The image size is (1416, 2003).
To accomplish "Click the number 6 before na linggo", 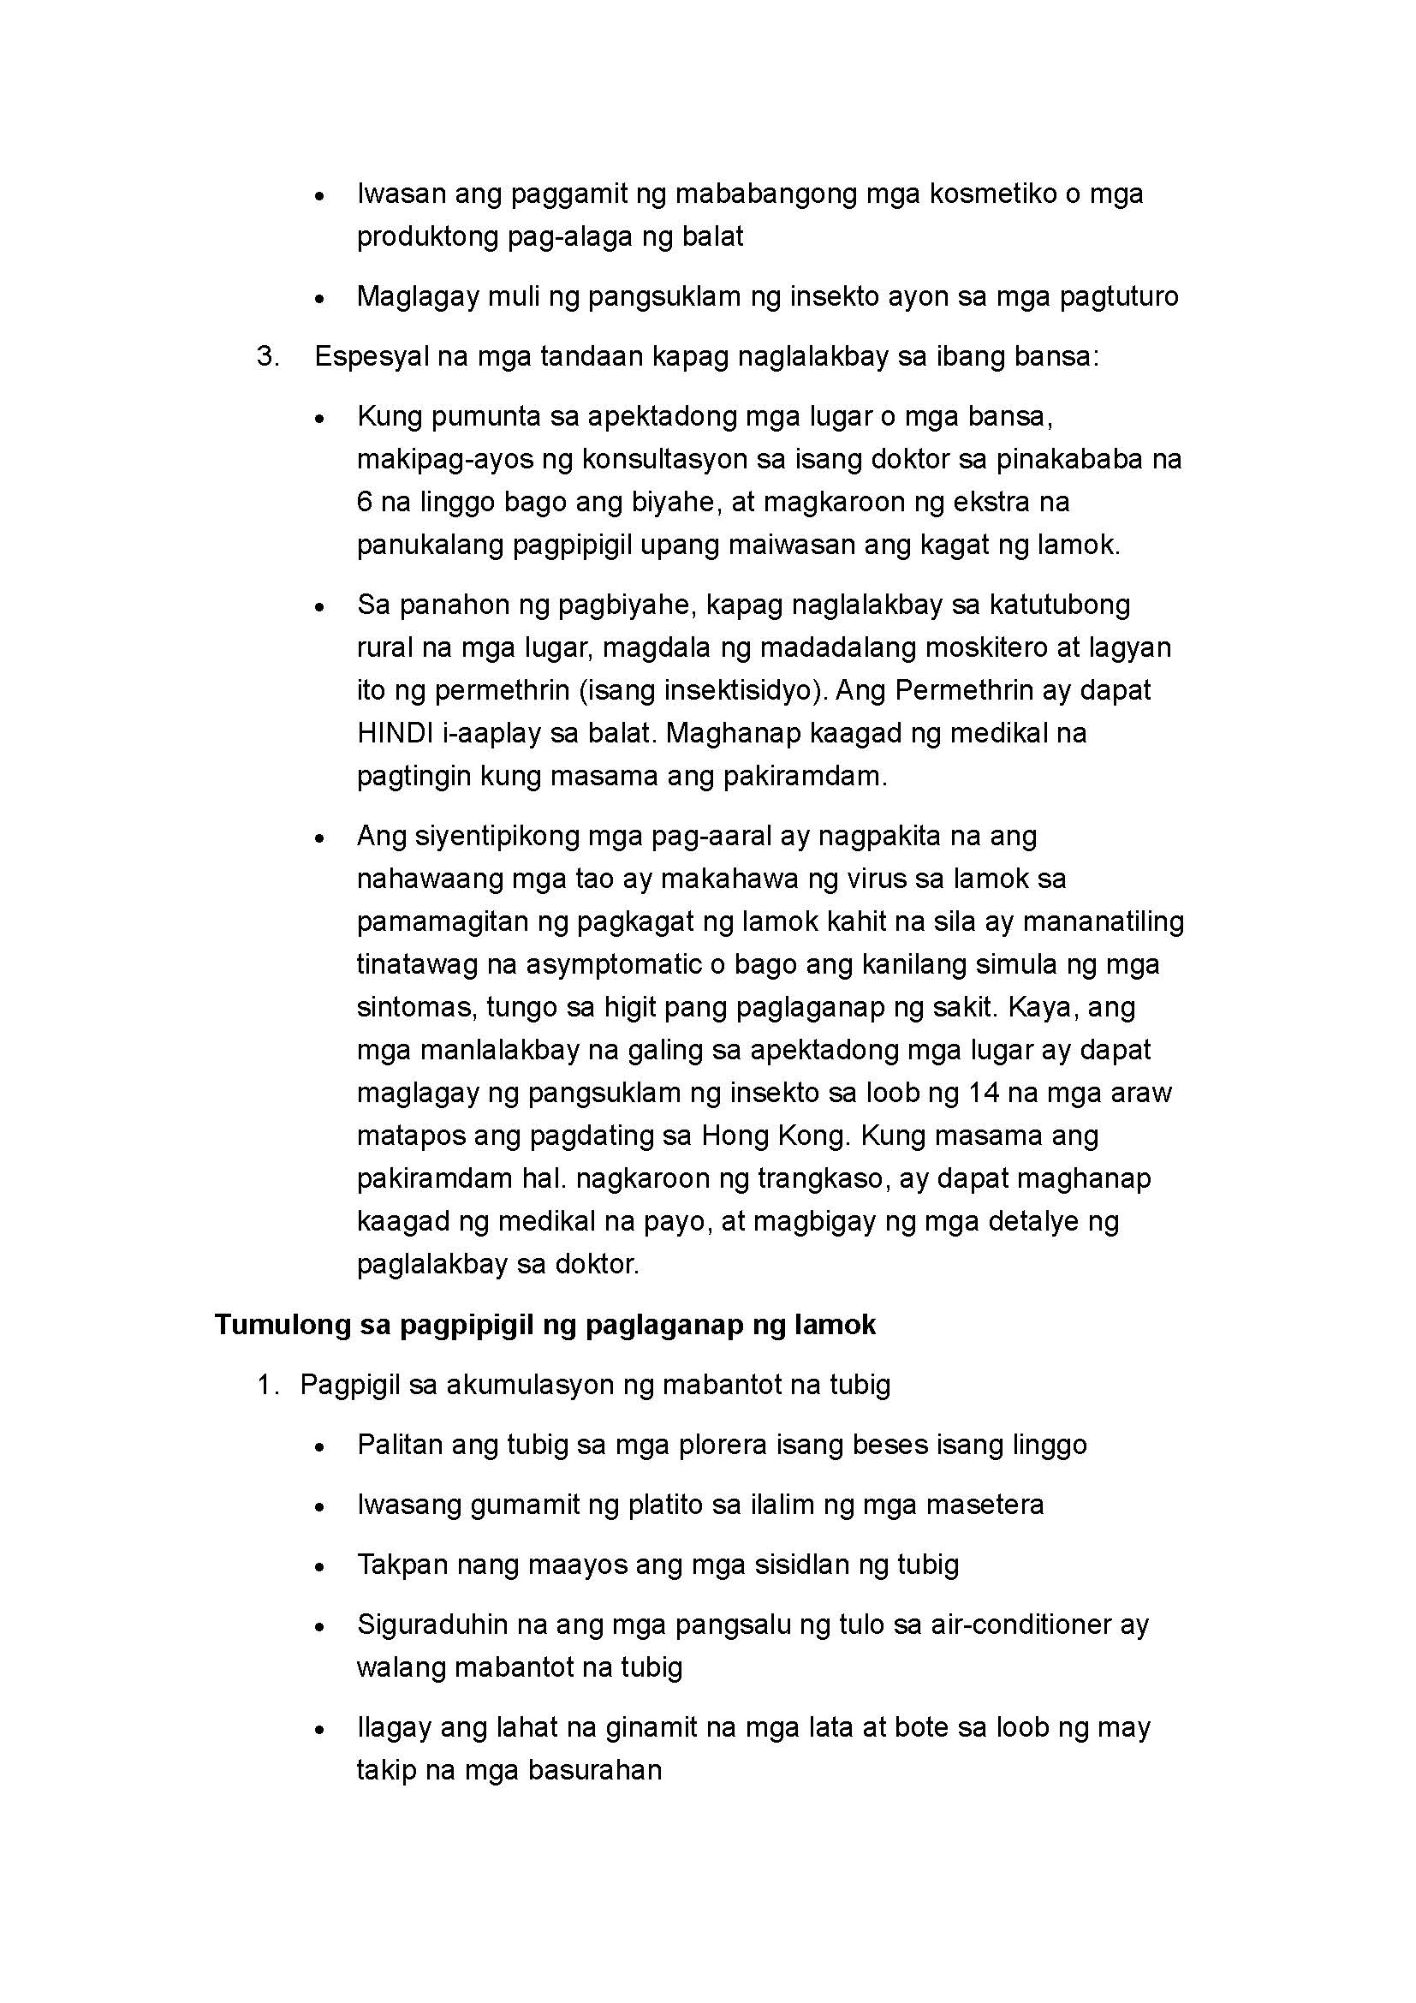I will [x=365, y=503].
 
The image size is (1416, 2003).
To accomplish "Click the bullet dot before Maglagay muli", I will [x=320, y=299].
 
